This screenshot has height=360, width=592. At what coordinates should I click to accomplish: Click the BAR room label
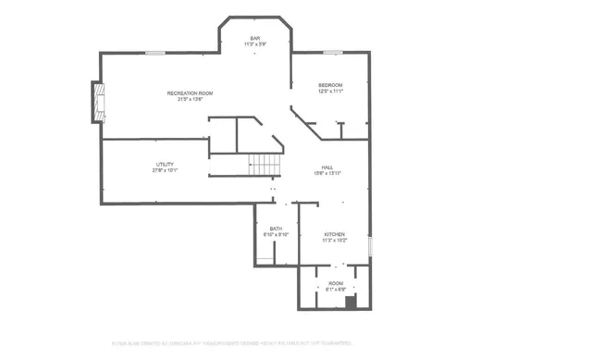tap(255, 38)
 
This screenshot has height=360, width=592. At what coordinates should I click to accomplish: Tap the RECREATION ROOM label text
tap(190, 93)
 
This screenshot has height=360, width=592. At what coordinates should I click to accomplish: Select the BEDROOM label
tap(330, 85)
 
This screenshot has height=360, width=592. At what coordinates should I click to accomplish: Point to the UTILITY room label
tap(165, 164)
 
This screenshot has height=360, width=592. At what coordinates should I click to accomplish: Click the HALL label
tap(327, 168)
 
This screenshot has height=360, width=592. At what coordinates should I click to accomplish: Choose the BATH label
tap(276, 229)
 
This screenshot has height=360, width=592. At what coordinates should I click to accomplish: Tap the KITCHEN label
tap(334, 234)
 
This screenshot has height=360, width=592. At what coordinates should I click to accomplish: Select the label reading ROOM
tap(335, 283)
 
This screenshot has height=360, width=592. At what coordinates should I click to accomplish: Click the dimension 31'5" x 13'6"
tap(190, 100)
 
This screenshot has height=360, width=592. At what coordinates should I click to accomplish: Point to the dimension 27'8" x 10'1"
tap(165, 170)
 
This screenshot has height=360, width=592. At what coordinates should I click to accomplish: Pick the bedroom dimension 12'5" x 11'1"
tap(330, 92)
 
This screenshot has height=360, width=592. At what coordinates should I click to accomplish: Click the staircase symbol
tap(265, 165)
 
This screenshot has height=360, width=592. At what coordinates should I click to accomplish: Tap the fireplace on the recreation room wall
tap(97, 102)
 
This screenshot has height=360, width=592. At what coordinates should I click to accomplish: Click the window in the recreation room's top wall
tap(155, 53)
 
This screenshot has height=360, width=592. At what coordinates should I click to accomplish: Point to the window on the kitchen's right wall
tap(370, 246)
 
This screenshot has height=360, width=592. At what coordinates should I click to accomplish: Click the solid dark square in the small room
tap(350, 302)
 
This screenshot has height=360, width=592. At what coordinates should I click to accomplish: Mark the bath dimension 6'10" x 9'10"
tap(276, 235)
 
